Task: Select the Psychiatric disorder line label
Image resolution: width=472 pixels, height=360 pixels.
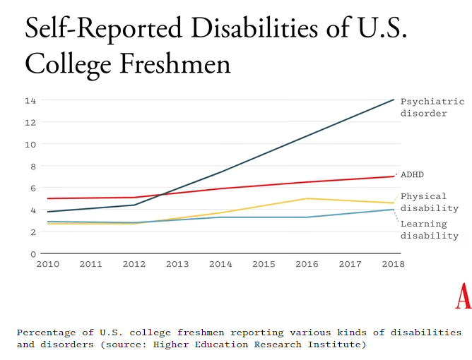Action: (432, 107)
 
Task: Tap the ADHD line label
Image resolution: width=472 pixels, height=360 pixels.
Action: (412, 174)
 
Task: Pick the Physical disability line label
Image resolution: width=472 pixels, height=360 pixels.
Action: (429, 202)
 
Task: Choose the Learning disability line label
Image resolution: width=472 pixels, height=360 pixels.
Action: (429, 229)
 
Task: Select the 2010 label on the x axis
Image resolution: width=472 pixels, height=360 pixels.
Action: (47, 265)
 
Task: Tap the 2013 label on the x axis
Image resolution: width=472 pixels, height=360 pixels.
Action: (177, 265)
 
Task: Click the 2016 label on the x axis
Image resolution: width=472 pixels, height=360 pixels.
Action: (307, 265)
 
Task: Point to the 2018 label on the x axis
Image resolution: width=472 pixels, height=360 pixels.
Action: (393, 265)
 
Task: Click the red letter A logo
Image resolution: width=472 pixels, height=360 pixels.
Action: (463, 296)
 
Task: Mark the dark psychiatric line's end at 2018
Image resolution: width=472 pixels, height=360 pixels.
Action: (394, 100)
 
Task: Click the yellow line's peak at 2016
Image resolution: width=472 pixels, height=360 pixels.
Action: (307, 198)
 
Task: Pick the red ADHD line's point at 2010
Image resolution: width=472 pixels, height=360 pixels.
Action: (48, 198)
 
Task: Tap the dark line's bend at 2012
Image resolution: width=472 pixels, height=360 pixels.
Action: (134, 205)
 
